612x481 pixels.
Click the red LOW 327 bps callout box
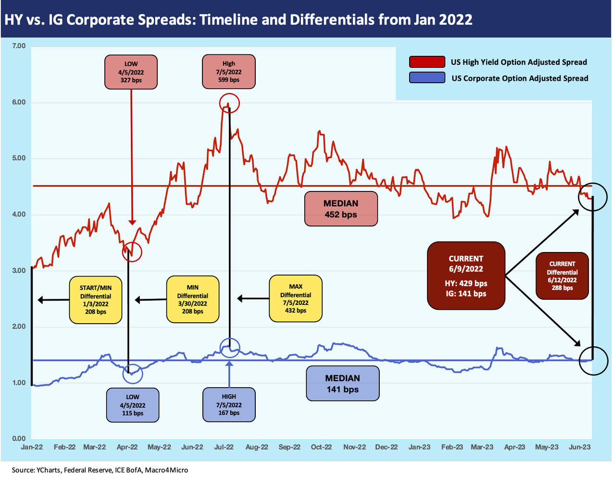[x=131, y=72]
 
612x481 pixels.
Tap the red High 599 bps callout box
[x=229, y=72]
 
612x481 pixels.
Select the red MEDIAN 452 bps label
[x=341, y=209]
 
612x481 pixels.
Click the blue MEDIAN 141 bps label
[x=343, y=383]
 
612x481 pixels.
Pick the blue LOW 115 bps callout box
[x=132, y=405]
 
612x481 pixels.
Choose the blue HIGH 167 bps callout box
[x=229, y=405]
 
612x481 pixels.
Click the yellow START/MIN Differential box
[x=96, y=300]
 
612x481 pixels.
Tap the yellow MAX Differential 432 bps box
[x=296, y=299]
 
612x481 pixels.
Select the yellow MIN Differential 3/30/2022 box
[x=193, y=299]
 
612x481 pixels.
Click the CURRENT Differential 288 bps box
[x=562, y=276]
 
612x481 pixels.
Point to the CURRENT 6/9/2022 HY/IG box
[x=466, y=276]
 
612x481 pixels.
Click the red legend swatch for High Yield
[x=427, y=62]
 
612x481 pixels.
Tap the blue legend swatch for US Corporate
[x=427, y=78]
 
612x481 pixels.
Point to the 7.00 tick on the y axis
[x=19, y=46]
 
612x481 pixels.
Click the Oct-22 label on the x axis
[x=321, y=447]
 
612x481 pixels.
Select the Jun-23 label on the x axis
[x=580, y=447]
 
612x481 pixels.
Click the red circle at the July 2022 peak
[x=229, y=103]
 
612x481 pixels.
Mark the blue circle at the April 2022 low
[x=133, y=373]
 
